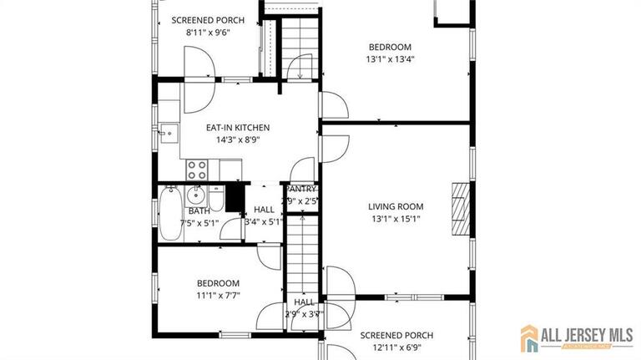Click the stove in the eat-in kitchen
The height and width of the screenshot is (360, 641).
tap(197, 170)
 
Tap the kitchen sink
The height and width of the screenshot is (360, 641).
tap(169, 132)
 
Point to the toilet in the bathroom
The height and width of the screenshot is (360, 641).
tap(215, 200)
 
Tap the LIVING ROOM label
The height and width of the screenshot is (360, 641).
tap(396, 206)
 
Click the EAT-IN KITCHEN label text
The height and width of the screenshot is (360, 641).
tap(238, 128)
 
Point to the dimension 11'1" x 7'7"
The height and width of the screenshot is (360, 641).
tap(218, 296)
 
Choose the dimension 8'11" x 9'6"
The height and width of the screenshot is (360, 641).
tap(206, 33)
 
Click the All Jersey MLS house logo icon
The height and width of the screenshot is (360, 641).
tap(529, 337)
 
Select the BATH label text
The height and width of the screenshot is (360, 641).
tap(199, 211)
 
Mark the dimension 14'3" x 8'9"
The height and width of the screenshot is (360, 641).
tap(238, 140)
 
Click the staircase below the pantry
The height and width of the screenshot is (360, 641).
tap(304, 251)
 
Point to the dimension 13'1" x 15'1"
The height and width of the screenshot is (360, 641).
tap(396, 219)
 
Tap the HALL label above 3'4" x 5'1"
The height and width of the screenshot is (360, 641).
tap(264, 210)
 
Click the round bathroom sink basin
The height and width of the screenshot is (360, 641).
tap(197, 196)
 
